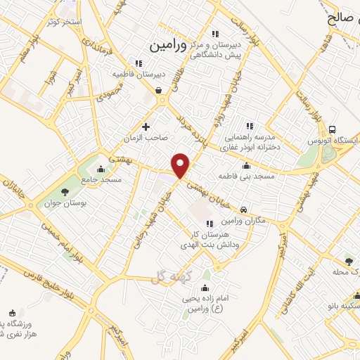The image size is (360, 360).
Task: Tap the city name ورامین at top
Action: click(x=168, y=46)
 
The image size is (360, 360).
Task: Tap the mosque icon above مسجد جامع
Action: click(x=101, y=169)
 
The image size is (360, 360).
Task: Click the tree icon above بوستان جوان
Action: click(x=65, y=191)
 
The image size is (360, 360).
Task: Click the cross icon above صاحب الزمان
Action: click(x=146, y=127)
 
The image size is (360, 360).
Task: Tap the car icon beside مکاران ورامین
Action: click(x=243, y=210)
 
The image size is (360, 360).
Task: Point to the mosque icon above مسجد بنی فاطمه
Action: click(x=246, y=166)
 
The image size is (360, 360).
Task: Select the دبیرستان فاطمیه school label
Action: click(x=141, y=73)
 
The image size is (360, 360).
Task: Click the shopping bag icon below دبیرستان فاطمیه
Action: click(x=159, y=89)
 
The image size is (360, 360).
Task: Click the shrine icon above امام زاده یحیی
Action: click(x=204, y=288)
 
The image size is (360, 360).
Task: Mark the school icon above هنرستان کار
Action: click(x=210, y=223)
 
